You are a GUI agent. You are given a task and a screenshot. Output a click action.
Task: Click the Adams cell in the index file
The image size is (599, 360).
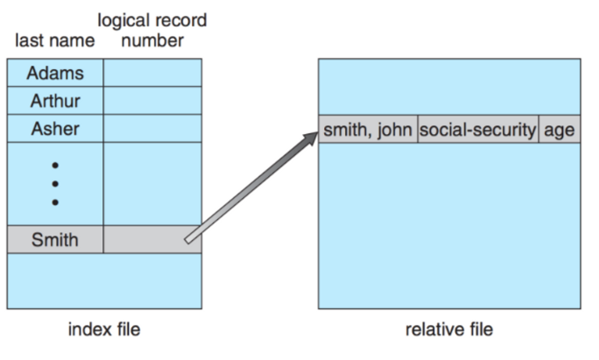click(55, 72)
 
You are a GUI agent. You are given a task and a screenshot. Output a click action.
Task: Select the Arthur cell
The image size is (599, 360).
click(55, 101)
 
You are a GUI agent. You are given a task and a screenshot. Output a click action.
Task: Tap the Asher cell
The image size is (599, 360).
click(55, 129)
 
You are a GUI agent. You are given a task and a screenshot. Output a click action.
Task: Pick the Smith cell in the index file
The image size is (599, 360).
click(55, 239)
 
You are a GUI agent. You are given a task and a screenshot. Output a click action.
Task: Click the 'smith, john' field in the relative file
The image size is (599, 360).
click(368, 130)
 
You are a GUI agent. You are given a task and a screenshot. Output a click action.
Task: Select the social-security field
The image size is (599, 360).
click(477, 130)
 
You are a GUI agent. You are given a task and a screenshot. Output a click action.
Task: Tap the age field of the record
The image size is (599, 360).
click(559, 130)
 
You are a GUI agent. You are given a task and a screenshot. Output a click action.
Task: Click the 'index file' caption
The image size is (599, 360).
click(104, 329)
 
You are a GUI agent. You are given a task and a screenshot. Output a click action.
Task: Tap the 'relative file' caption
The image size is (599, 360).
click(448, 329)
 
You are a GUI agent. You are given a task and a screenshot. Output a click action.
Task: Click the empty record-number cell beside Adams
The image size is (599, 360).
click(152, 72)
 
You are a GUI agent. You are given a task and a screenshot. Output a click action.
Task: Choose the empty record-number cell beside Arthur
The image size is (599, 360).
click(152, 101)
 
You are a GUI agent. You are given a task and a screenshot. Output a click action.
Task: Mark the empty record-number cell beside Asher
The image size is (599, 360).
click(152, 129)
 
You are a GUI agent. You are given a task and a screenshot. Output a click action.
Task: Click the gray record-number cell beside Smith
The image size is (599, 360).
click(152, 239)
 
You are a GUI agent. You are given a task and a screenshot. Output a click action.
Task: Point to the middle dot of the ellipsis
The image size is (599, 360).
click(55, 184)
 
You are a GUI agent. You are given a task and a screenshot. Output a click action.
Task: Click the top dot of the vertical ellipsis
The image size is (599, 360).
click(55, 165)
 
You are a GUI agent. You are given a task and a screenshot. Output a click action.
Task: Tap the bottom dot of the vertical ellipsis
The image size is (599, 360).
click(55, 203)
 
